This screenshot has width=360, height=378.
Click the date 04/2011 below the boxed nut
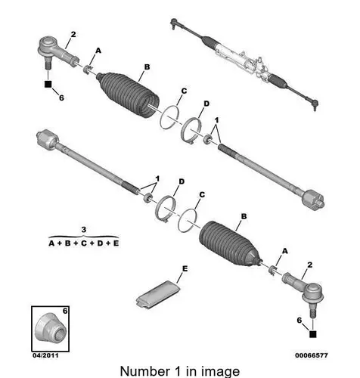45,355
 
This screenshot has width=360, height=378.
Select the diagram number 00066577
312,355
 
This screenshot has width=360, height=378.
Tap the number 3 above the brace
84,230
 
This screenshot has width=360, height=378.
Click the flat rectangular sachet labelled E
157,293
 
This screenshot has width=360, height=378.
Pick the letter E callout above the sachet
185,269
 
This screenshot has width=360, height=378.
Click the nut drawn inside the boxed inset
50,327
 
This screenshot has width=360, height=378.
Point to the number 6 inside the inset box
65,311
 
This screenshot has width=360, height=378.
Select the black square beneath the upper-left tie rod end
48,84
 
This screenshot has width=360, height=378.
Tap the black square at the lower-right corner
312,334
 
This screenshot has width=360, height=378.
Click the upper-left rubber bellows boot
129,94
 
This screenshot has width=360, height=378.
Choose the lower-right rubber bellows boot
229,243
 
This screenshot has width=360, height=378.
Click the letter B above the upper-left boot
147,67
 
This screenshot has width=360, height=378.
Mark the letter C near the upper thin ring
184,91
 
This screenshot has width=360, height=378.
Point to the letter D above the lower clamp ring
182,181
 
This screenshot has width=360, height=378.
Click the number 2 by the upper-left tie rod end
73,35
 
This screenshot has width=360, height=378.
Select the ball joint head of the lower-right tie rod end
312,293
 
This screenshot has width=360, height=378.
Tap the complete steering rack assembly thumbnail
244,64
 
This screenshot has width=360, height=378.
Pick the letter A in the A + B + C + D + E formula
51,243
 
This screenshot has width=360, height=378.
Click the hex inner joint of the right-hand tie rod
313,200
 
